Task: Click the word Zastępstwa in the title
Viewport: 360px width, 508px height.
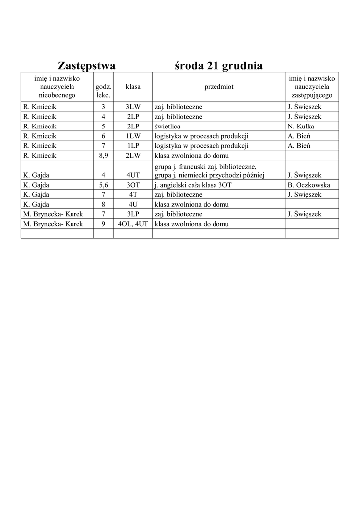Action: point(86,66)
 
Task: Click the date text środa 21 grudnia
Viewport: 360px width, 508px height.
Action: point(218,66)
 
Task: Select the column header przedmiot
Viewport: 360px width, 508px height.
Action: point(218,87)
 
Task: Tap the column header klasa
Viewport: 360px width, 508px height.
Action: point(133,87)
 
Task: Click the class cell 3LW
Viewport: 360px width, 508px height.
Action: point(133,107)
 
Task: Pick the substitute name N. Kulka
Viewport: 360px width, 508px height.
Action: point(301,126)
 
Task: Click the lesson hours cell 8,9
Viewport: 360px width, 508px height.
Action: point(103,155)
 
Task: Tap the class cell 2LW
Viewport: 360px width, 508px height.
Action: point(133,155)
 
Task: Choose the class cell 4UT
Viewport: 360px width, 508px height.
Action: point(133,175)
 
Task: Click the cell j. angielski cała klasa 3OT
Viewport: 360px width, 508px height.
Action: point(193,185)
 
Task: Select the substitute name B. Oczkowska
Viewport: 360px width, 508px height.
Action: point(309,185)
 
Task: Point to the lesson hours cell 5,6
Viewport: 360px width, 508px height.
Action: point(103,185)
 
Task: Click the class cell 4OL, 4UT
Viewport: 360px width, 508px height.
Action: point(133,224)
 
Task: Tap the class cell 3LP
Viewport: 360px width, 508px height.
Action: point(133,214)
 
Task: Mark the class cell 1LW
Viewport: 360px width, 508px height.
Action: point(133,136)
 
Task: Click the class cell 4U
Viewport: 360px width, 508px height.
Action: point(133,204)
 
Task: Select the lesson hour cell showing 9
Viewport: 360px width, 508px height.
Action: point(103,224)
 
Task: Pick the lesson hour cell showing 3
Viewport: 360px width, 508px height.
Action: point(103,107)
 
